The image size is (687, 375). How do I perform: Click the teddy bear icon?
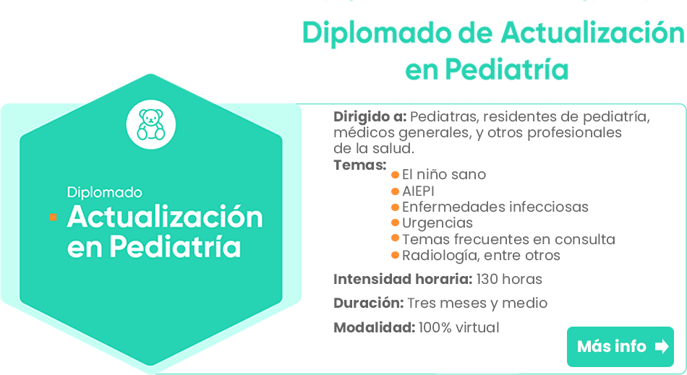tap(151, 125)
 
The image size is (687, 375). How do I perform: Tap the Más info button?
tap(620, 347)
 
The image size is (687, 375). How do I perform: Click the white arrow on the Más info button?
tap(662, 347)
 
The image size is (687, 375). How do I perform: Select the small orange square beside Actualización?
tap(53, 217)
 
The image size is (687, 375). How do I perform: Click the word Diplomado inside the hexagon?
tap(105, 192)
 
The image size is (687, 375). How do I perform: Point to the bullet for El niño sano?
tap(395, 175)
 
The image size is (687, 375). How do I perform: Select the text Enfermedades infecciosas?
tap(495, 207)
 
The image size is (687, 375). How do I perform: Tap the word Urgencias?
tap(438, 223)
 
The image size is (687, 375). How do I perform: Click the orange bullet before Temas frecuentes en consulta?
tap(395, 238)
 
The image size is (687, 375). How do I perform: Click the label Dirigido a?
tap(370, 117)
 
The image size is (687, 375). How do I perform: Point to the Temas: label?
tap(359, 165)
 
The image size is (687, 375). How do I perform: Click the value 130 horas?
tap(509, 279)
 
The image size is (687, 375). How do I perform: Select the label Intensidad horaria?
tap(403, 279)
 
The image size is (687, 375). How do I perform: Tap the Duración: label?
tap(369, 303)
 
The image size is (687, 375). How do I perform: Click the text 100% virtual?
tap(458, 327)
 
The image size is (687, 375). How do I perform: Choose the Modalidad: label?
tap(374, 327)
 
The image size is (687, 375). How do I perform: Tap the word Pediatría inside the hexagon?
tap(175, 247)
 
